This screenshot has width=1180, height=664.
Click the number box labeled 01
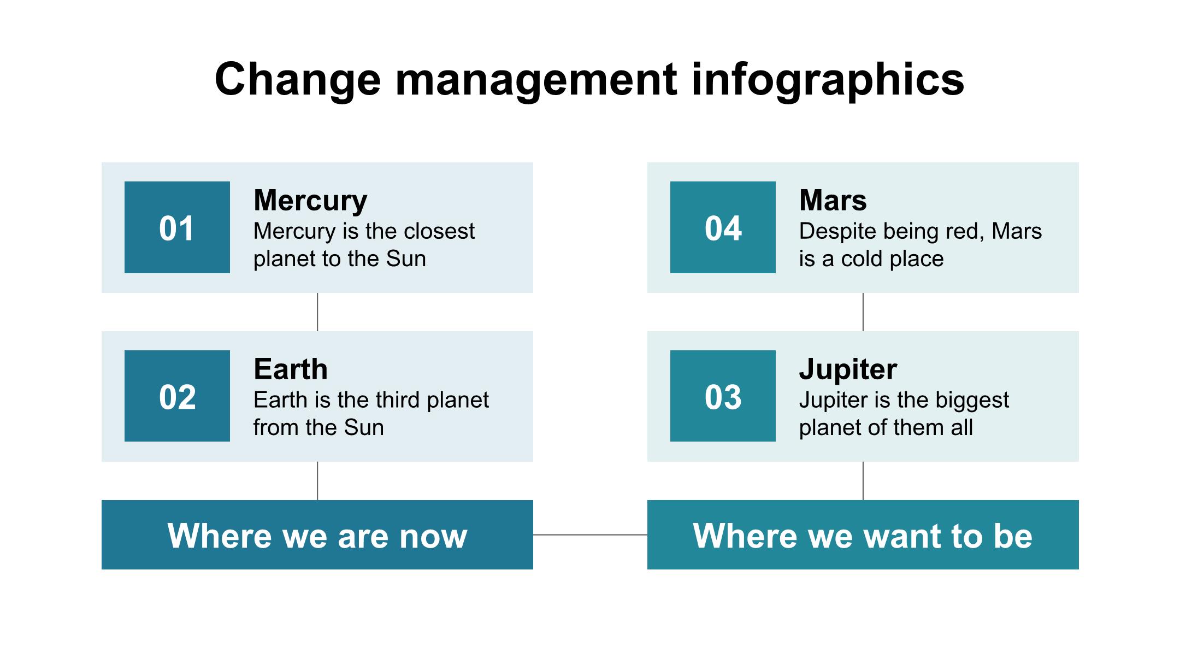(x=177, y=227)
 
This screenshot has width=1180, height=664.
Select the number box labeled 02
(x=177, y=396)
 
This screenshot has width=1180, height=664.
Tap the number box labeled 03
(x=723, y=396)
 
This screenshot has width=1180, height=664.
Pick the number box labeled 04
(x=723, y=227)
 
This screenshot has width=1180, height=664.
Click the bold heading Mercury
(x=310, y=201)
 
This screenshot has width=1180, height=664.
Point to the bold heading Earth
(x=291, y=369)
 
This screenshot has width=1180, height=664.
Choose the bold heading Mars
(x=833, y=200)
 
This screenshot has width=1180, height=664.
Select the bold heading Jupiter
(x=848, y=370)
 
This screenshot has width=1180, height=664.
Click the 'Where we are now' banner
(x=317, y=534)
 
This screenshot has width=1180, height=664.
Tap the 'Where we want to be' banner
(x=863, y=534)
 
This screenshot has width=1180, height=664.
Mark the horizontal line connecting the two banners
(x=590, y=534)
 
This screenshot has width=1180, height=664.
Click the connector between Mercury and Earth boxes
(x=317, y=312)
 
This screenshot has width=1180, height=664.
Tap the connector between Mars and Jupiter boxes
(x=863, y=312)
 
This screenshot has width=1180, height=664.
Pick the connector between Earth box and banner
(x=317, y=481)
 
